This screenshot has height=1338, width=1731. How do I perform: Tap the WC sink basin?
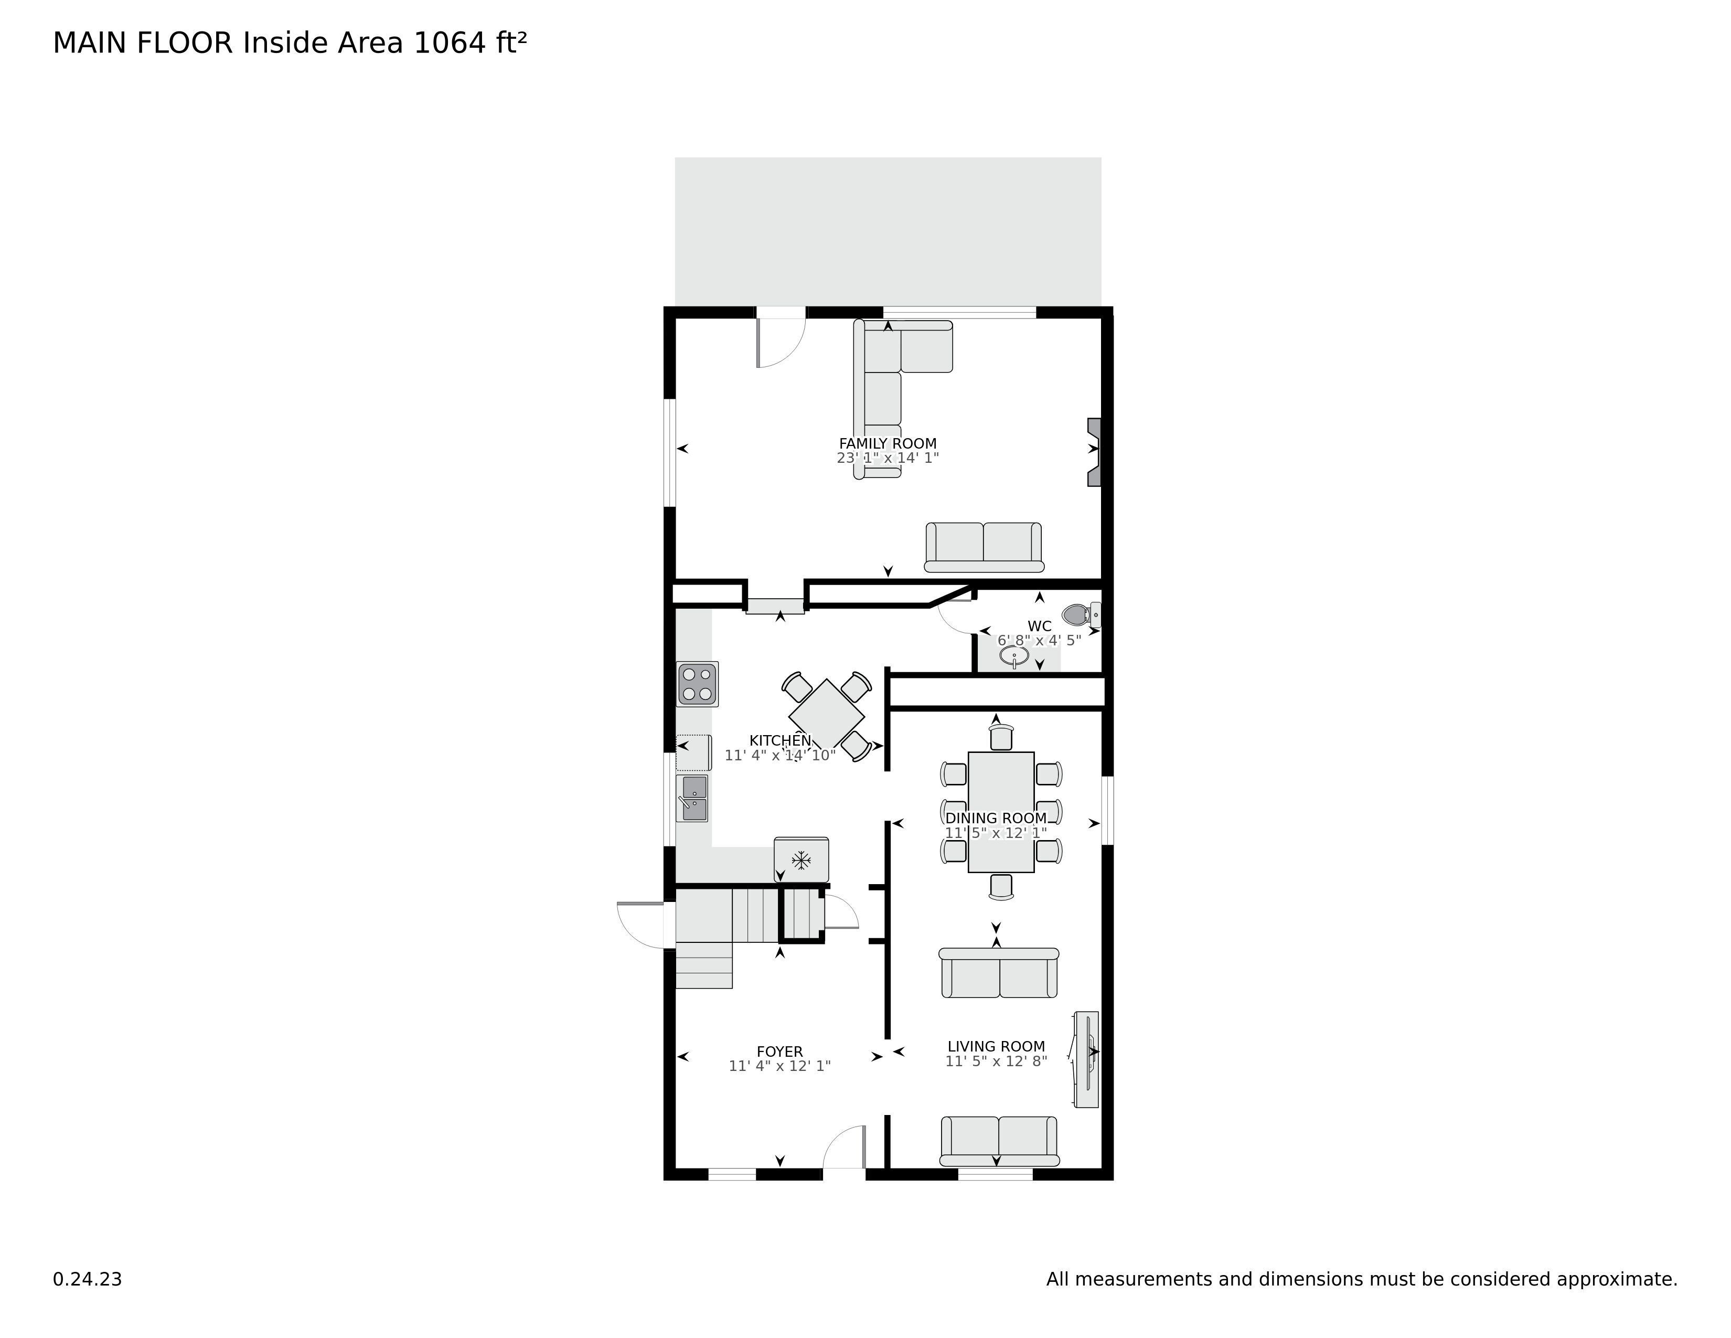[1014, 656]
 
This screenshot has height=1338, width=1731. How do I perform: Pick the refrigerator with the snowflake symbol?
[802, 859]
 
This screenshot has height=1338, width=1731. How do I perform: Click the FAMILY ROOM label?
[888, 444]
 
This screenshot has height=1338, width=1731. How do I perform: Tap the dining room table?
[1001, 812]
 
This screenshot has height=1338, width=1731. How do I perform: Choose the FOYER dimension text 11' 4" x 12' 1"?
[780, 1066]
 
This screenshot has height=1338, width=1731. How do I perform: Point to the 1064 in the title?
[450, 43]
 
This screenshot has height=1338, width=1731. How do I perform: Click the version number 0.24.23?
[87, 1279]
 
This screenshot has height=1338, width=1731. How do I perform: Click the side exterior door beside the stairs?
[640, 923]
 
